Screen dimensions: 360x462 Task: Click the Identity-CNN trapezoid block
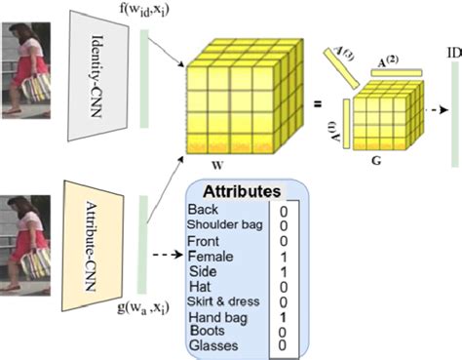[x=101, y=70]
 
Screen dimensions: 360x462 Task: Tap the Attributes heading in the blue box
[x=240, y=191]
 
